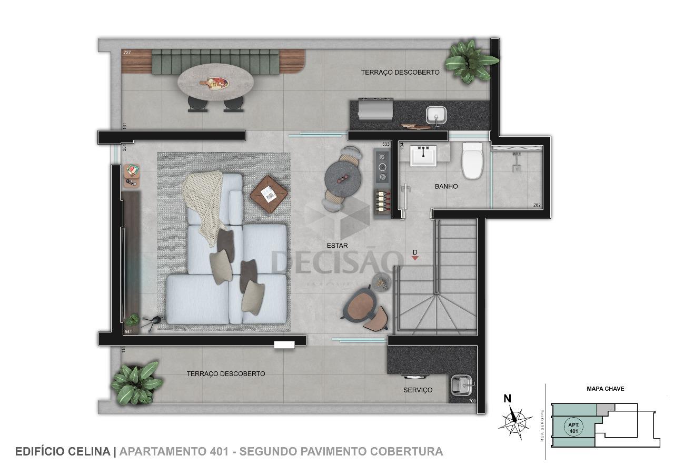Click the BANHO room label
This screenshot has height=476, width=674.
pyautogui.click(x=446, y=186)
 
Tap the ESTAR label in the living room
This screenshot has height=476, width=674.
pyautogui.click(x=337, y=246)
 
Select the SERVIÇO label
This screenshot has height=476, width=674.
pyautogui.click(x=418, y=390)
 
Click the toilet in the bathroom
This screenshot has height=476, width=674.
pyautogui.click(x=472, y=160)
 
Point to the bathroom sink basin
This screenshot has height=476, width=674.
pyautogui.click(x=424, y=155)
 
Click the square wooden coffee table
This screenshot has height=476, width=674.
pyautogui.click(x=269, y=195)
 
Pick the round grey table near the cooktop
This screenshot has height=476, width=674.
pyautogui.click(x=342, y=178)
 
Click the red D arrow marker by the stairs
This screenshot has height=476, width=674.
pyautogui.click(x=415, y=258)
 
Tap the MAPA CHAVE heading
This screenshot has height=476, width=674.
pyautogui.click(x=605, y=389)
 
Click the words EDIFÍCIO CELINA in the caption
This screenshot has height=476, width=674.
pyautogui.click(x=63, y=451)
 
